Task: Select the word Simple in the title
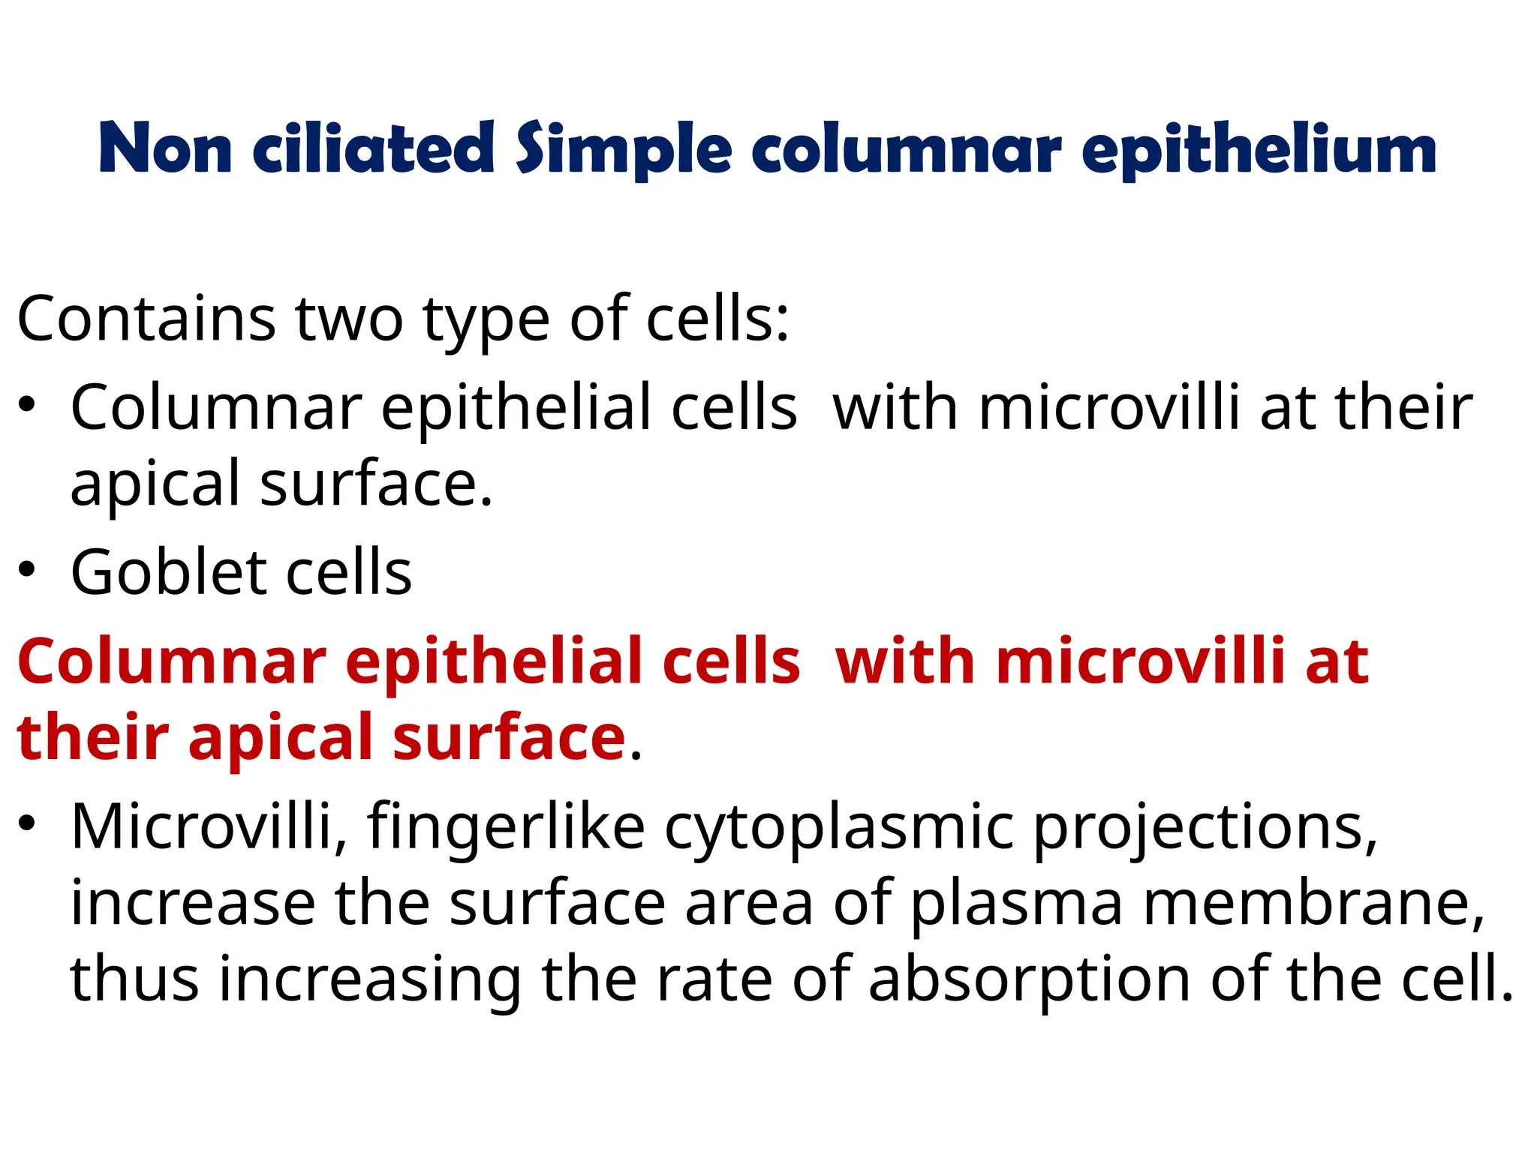pos(623,149)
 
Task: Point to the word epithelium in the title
pos(1259,149)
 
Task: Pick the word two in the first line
pos(350,319)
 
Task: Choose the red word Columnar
pos(172,661)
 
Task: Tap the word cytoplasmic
pos(839,828)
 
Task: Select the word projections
pos(1205,828)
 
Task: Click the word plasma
pos(1016,904)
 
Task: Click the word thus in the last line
pos(134,979)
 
